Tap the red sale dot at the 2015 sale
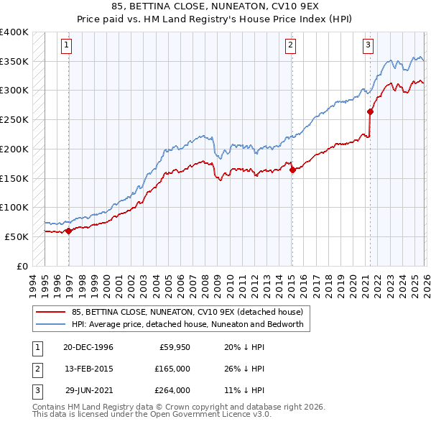tap(292, 170)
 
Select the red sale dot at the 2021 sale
tap(371, 111)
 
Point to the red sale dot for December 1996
tap(69, 231)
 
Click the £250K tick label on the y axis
tap(14, 120)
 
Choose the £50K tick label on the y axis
tap(17, 236)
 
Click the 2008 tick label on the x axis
tap(206, 282)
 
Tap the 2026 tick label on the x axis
tap(425, 282)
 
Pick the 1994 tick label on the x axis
tap(33, 282)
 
